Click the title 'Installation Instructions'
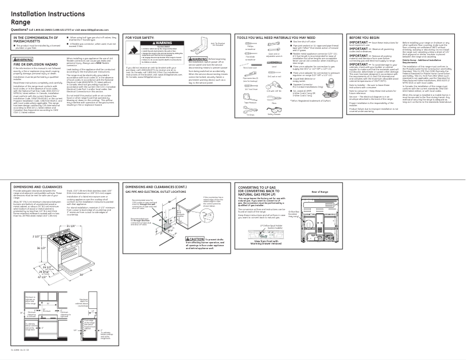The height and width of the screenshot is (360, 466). pyautogui.click(x=50, y=13)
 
